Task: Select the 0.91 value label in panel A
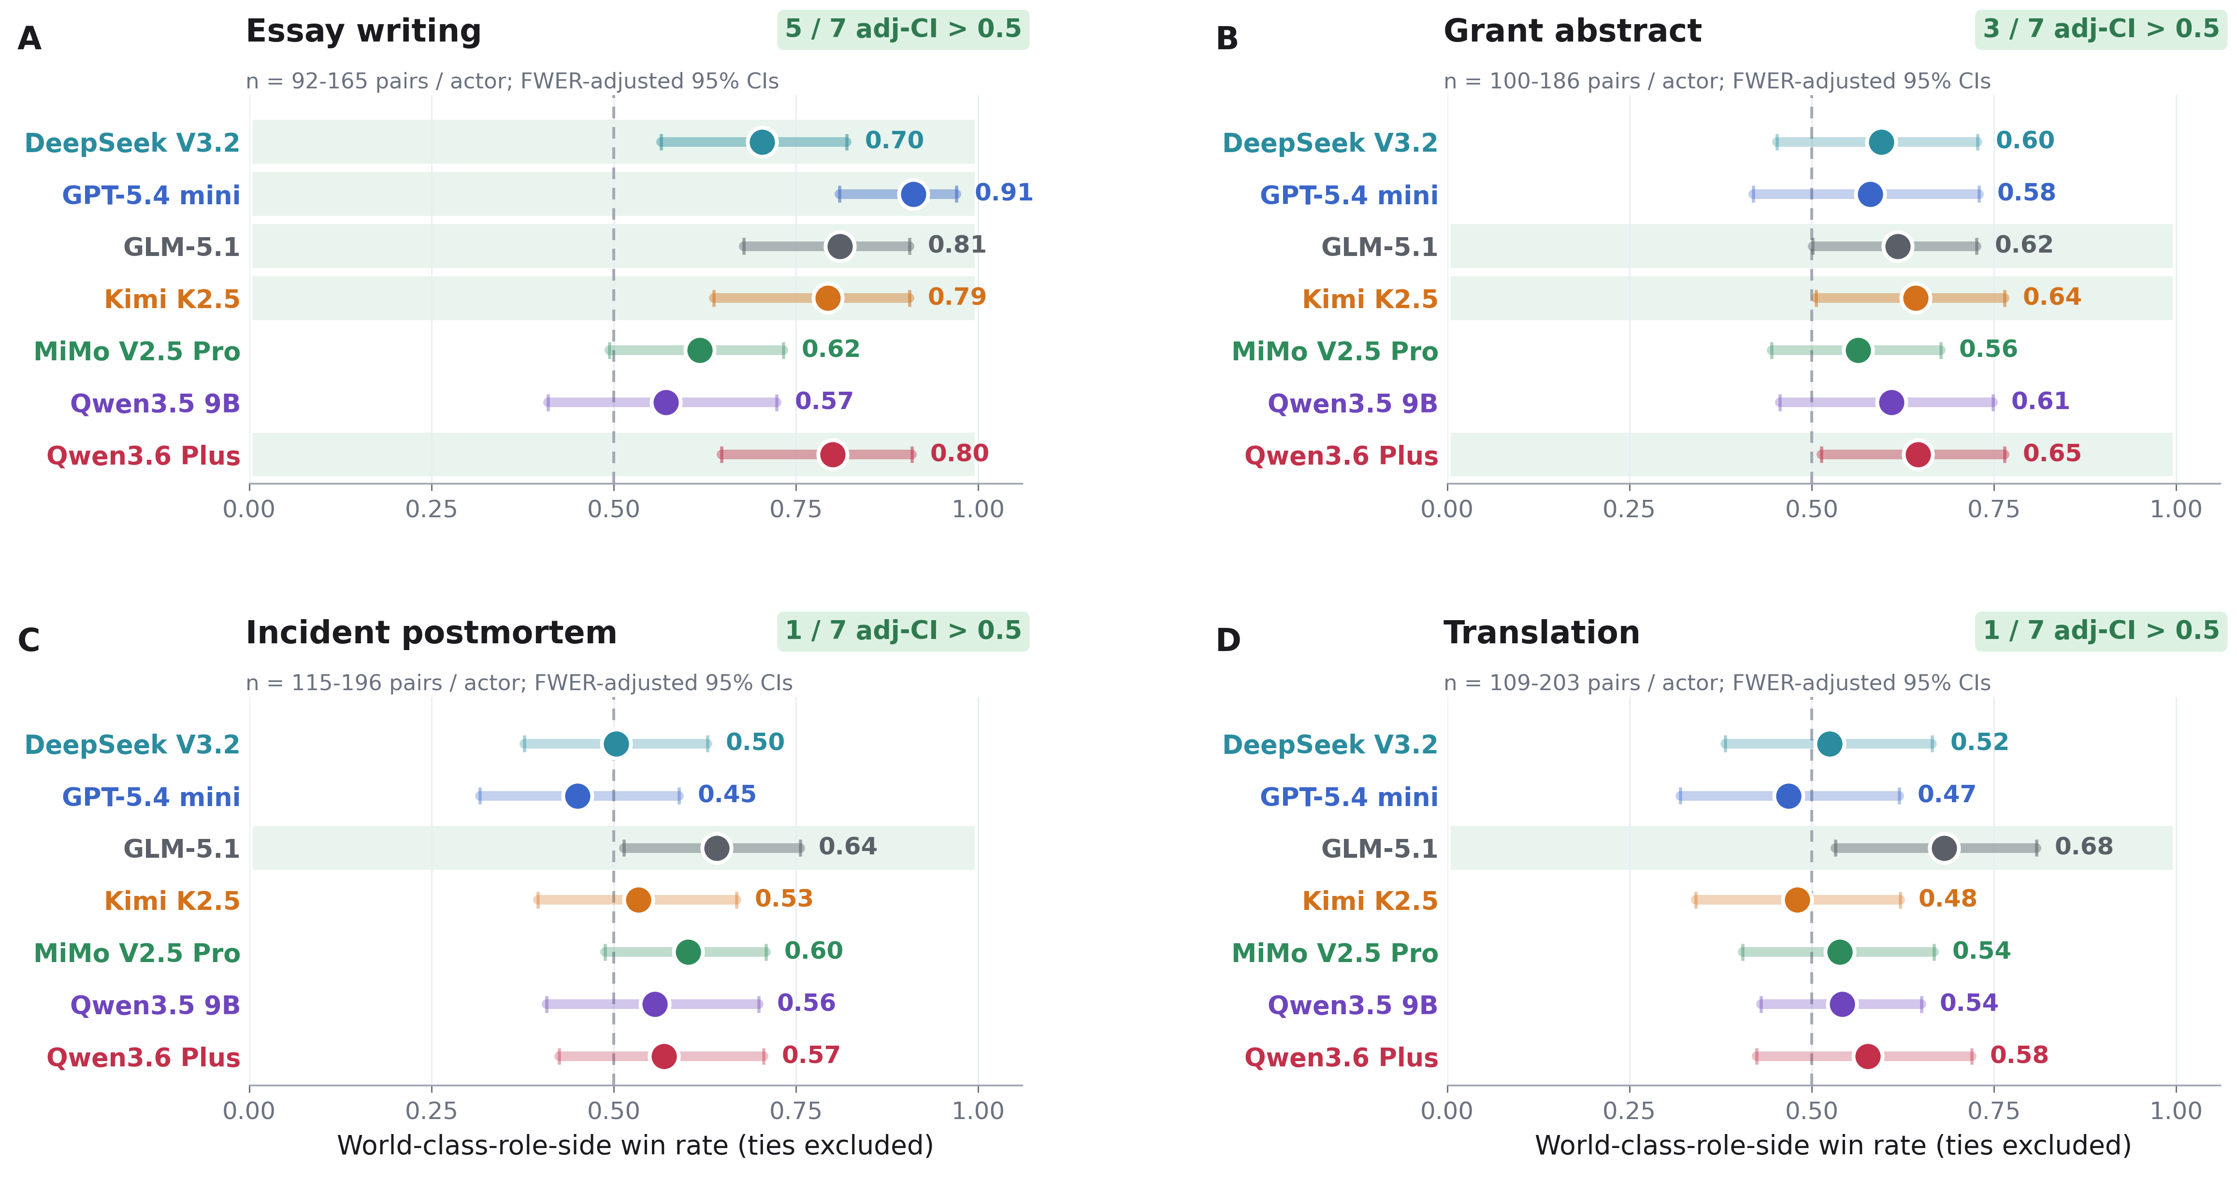[1004, 193]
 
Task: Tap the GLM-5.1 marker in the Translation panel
[1944, 848]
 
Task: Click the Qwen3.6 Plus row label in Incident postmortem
[144, 1057]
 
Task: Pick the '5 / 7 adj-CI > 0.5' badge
[903, 29]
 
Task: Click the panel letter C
[29, 640]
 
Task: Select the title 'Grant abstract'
[1572, 31]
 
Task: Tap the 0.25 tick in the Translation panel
[1629, 1111]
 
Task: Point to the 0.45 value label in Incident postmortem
[727, 794]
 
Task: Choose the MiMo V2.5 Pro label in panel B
[1335, 352]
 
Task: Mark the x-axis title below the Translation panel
[1833, 1146]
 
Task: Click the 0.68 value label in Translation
[2083, 846]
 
